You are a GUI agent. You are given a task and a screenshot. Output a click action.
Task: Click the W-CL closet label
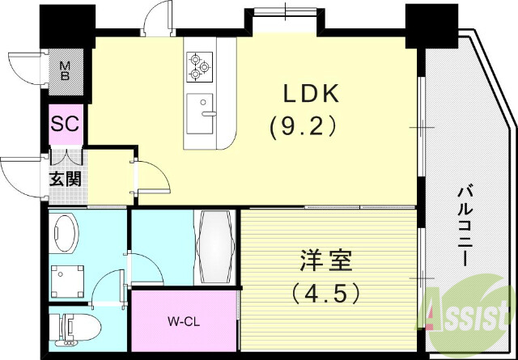[x=184, y=322]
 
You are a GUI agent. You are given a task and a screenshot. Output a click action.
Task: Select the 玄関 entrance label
[x=66, y=178]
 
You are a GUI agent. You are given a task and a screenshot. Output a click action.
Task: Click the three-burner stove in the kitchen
[x=198, y=67]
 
